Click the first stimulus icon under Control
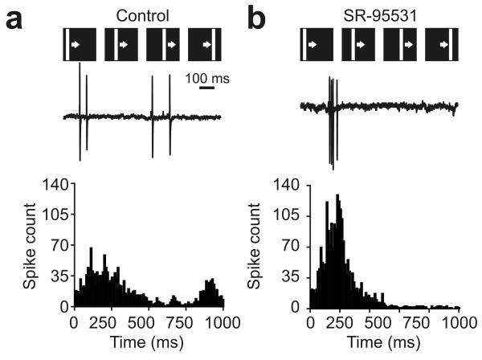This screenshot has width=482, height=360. tap(80, 44)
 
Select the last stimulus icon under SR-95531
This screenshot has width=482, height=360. tap(442, 44)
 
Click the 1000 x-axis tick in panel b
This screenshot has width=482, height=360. tap(459, 321)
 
